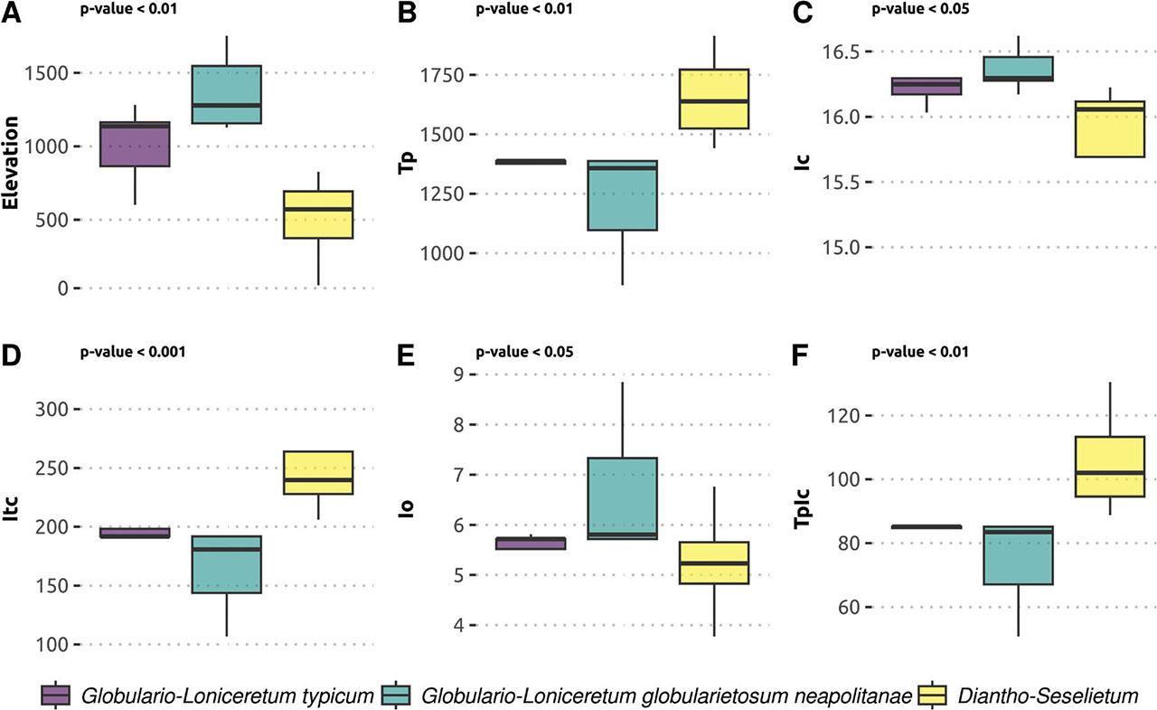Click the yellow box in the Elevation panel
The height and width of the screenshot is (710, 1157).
318,214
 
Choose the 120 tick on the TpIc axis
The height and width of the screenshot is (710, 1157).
846,416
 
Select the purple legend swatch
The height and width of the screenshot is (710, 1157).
56,695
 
